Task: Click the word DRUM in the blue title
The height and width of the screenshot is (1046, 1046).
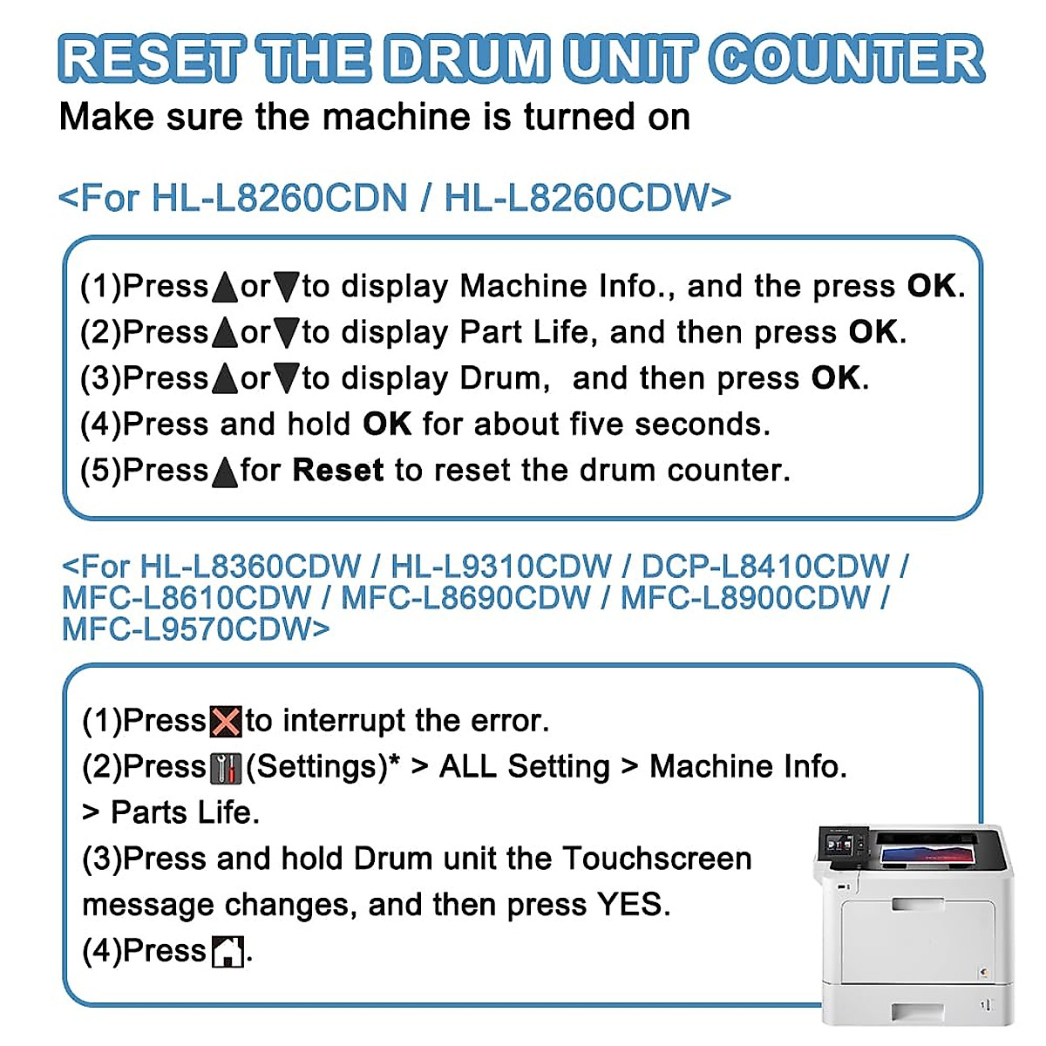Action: click(466, 59)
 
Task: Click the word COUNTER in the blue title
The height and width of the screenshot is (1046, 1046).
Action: click(846, 59)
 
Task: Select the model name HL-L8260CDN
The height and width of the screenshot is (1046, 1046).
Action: click(279, 198)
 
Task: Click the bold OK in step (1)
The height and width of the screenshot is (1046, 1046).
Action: click(932, 286)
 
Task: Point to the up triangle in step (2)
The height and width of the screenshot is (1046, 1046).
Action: click(224, 333)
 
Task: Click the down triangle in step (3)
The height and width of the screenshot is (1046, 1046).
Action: click(286, 379)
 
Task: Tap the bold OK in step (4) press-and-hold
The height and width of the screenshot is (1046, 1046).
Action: click(387, 425)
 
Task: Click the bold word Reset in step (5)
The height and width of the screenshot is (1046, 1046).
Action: click(337, 471)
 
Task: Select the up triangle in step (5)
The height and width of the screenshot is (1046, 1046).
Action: click(224, 472)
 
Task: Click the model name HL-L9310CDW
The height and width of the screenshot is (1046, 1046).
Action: click(501, 567)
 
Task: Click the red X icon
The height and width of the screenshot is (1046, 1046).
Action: click(226, 722)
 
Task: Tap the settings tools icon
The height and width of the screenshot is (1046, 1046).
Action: click(226, 768)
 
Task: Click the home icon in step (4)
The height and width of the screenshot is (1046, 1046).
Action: click(228, 951)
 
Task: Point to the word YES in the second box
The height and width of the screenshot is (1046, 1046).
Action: click(632, 905)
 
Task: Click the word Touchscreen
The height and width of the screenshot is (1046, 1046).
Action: click(656, 859)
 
